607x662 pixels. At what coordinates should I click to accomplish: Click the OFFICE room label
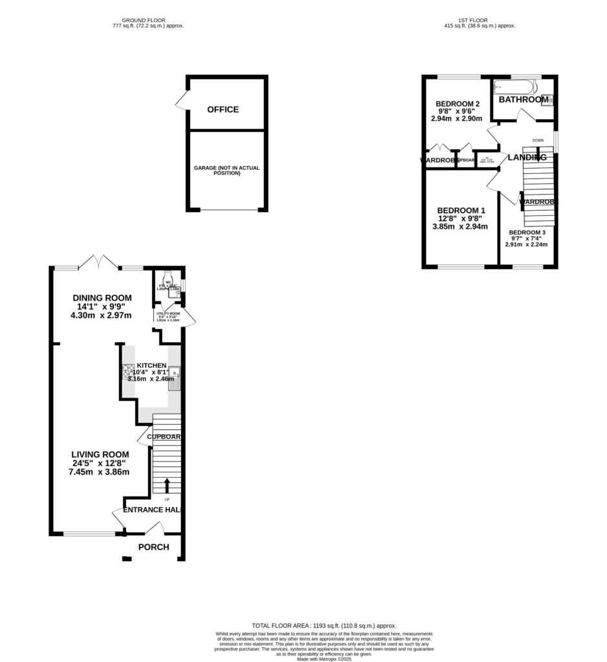(223, 110)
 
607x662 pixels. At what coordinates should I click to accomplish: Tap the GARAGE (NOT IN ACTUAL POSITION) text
(227, 171)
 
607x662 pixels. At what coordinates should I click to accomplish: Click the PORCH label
(154, 547)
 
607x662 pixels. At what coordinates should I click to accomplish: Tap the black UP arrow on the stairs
(167, 485)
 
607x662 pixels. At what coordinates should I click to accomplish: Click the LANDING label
(527, 157)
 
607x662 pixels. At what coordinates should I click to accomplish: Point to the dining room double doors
(99, 262)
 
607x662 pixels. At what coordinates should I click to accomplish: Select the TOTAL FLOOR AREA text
(324, 626)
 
